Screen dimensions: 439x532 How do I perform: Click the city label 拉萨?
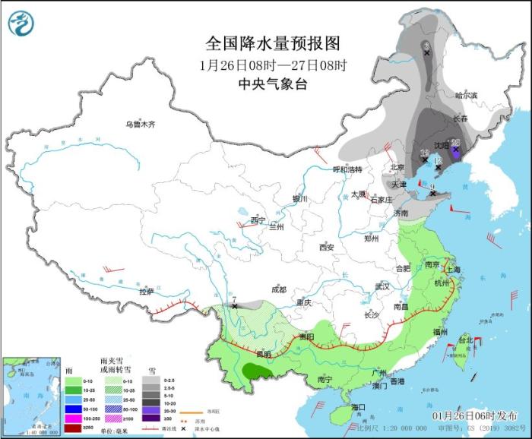pyautogui.click(x=146, y=291)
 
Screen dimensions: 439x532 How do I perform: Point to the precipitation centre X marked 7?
pyautogui.click(x=236, y=305)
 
